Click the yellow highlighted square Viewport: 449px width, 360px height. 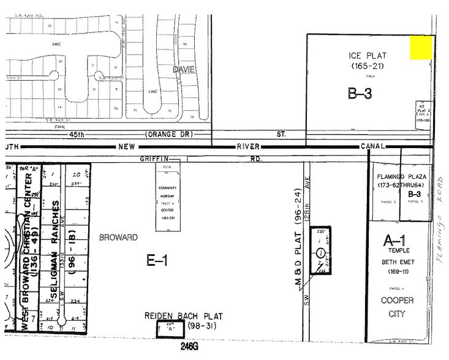421,47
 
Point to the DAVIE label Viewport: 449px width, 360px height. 183,70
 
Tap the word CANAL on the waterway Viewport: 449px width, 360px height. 372,146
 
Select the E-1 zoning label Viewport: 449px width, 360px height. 158,261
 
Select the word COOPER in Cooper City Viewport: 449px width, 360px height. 398,301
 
